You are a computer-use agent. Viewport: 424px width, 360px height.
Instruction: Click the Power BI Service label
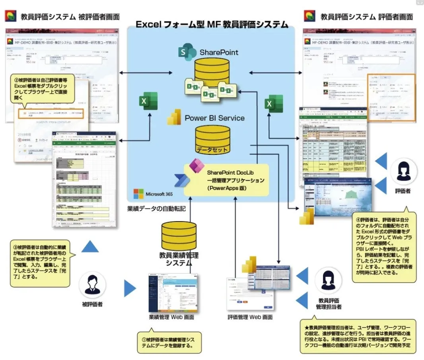click(214, 118)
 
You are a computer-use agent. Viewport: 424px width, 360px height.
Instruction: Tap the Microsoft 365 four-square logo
click(138, 194)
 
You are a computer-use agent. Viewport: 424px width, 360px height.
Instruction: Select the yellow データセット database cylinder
click(213, 140)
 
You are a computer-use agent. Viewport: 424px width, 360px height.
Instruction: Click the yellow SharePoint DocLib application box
click(226, 181)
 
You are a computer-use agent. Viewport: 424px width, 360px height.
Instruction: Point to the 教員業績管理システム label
click(179, 259)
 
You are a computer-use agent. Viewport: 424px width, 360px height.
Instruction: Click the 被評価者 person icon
click(92, 286)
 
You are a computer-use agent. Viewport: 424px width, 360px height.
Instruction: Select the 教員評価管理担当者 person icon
click(328, 280)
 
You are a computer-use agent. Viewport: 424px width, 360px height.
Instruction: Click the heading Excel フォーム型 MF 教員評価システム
click(212, 25)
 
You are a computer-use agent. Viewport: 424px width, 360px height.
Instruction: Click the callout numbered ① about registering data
click(169, 342)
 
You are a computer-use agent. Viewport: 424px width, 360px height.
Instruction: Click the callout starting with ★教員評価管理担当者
click(358, 337)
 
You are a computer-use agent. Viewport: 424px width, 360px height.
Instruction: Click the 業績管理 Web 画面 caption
click(171, 317)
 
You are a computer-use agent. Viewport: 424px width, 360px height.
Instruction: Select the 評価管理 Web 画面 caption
click(250, 317)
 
